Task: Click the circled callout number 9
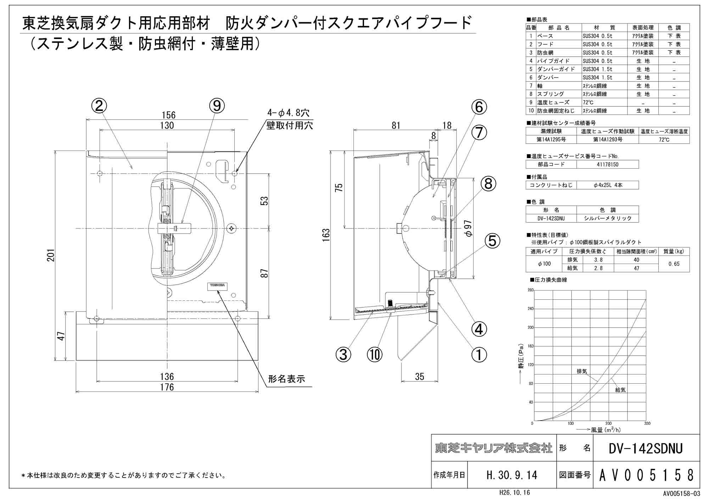click(x=217, y=106)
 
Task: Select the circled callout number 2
click(x=99, y=106)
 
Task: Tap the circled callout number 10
click(x=375, y=354)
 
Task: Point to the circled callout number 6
click(x=479, y=107)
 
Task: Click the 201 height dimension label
click(x=51, y=255)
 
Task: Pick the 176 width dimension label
click(x=167, y=387)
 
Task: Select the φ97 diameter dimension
click(x=468, y=229)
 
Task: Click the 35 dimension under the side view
click(x=419, y=377)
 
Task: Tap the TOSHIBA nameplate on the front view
click(x=217, y=286)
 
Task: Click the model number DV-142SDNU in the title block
click(x=646, y=449)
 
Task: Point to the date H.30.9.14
click(x=512, y=475)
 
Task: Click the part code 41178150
click(x=608, y=164)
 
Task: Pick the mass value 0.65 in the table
click(x=674, y=264)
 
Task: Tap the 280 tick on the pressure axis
click(x=530, y=290)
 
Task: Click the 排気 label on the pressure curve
click(x=582, y=371)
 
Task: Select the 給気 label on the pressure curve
click(x=620, y=390)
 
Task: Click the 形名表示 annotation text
click(x=286, y=379)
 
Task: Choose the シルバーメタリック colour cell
click(x=608, y=218)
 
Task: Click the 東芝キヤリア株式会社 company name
click(x=494, y=448)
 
